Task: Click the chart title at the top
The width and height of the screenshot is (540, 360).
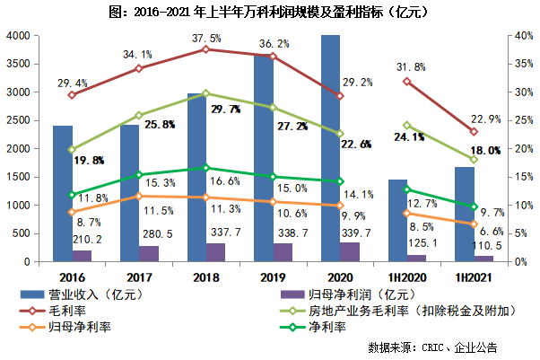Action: [269, 13]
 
